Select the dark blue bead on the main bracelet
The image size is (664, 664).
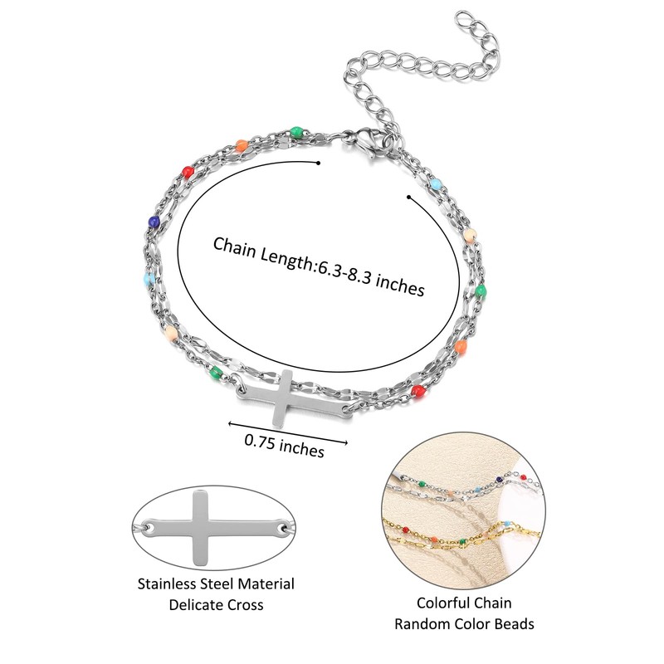[x=154, y=222]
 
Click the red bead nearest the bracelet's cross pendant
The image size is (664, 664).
[x=418, y=388]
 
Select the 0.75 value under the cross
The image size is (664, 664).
[x=259, y=441]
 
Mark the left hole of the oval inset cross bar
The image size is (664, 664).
[x=149, y=526]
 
